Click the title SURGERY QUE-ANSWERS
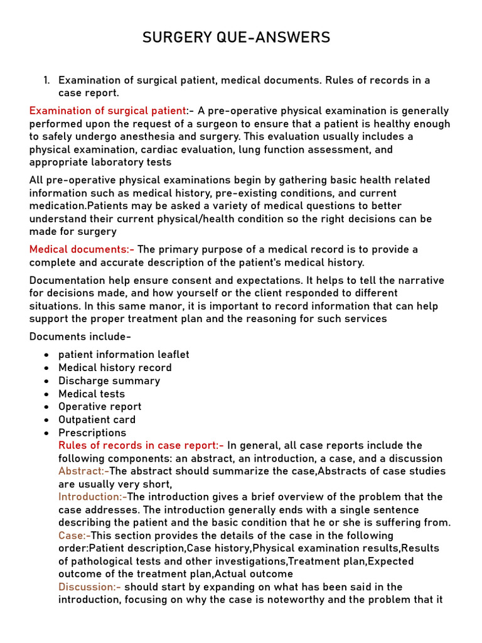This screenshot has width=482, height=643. [x=236, y=38]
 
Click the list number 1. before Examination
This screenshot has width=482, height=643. [x=46, y=80]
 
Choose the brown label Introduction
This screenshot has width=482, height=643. [x=91, y=497]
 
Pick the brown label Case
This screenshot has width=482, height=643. [x=73, y=536]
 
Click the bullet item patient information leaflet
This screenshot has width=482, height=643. [x=124, y=354]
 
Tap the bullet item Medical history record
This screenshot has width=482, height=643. [x=115, y=367]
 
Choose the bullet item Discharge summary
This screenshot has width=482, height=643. [x=109, y=381]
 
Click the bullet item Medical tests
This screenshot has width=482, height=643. [x=92, y=394]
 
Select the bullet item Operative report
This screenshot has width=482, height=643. [x=100, y=406]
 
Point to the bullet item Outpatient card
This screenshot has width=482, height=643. [x=97, y=419]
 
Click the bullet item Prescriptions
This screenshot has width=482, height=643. [x=92, y=433]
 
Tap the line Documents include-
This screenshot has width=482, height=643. [x=80, y=337]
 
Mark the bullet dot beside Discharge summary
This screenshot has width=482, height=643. [x=46, y=381]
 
